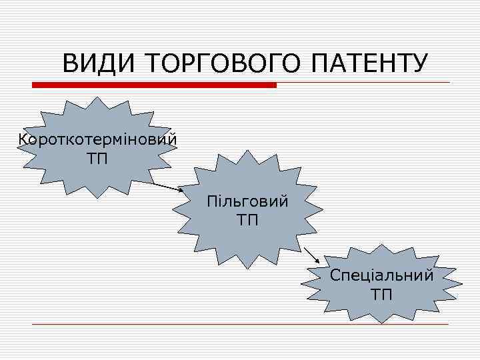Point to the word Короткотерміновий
tap(99, 141)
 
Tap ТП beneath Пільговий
tap(247, 219)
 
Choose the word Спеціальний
tap(381, 275)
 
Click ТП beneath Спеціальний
tap(381, 293)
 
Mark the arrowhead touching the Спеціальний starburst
tap(317, 259)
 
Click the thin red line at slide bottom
tap(240, 325)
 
